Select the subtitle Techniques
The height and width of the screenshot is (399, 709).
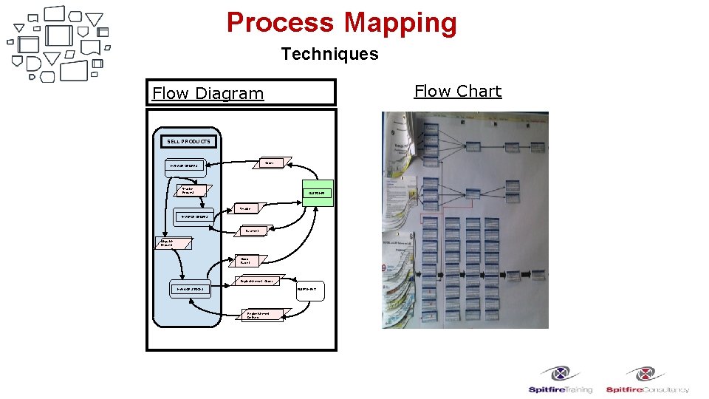329,54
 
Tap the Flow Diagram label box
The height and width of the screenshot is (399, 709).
241,93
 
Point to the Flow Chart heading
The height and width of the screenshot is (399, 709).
457,91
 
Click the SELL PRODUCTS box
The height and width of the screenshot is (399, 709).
188,141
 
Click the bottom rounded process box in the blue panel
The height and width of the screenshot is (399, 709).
190,289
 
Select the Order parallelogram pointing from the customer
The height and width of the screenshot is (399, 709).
272,162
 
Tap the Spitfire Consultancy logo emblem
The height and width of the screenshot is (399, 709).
647,374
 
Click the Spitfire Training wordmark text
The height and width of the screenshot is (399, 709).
560,389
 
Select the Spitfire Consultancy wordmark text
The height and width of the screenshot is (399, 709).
648,389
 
